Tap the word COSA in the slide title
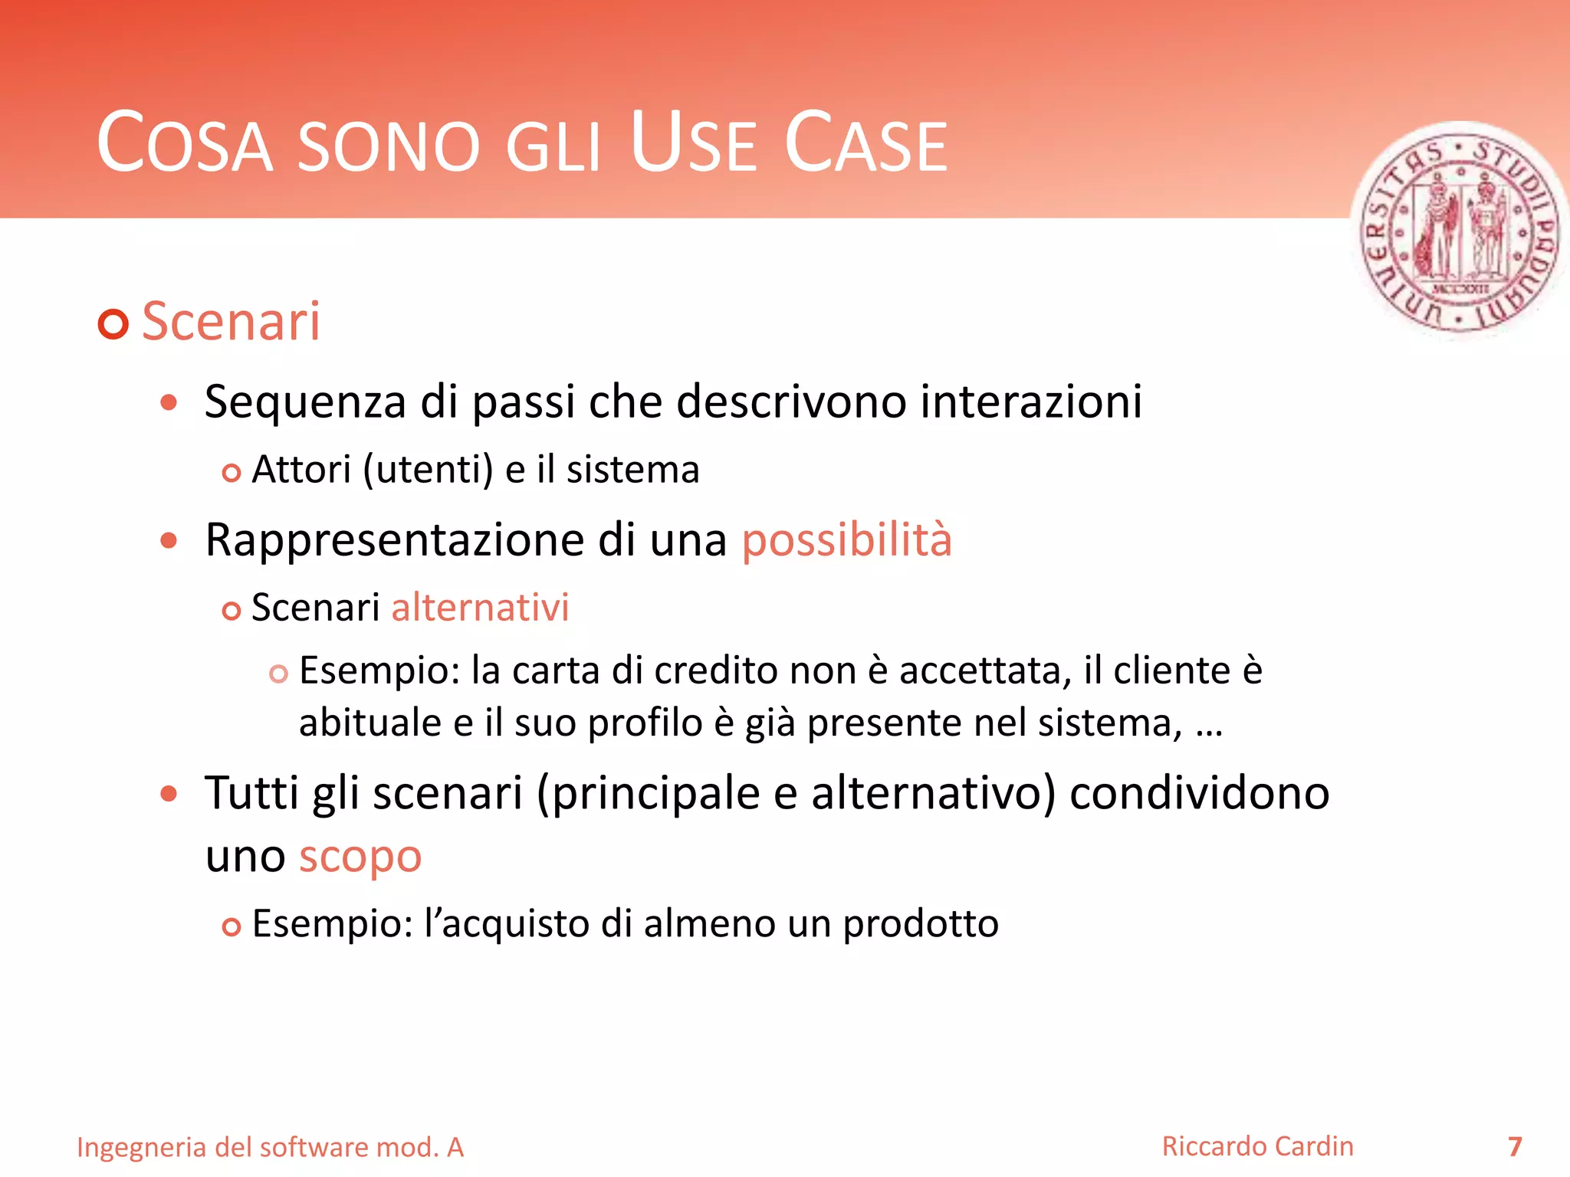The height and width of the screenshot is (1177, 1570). pos(185,143)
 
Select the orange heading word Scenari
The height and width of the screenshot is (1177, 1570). pos(231,322)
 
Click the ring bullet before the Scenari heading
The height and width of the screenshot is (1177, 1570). pos(113,324)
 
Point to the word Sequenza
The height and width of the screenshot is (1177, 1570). pos(304,402)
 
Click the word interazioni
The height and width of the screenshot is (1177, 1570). pos(1031,401)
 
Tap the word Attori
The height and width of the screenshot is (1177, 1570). pos(301,470)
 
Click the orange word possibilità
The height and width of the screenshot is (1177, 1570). pos(846,540)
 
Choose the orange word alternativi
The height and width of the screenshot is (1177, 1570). pos(480,608)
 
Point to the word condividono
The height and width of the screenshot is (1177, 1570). pos(1199,792)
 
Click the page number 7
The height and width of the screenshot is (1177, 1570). pos(1514,1147)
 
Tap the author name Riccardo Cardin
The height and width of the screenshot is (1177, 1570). pos(1257,1146)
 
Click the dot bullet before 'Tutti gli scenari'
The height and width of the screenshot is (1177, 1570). pos(169,794)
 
